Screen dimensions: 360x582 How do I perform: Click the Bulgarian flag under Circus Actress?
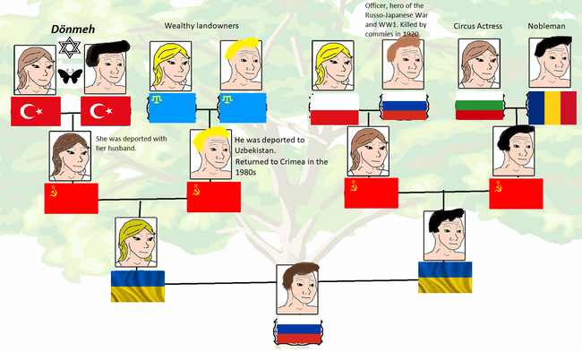478,107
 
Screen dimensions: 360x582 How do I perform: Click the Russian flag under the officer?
407,108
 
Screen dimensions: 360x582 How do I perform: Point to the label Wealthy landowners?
201,26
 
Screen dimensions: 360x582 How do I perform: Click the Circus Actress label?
477,27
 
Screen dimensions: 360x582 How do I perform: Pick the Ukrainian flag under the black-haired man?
445,278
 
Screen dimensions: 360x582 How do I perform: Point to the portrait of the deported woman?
71,157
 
